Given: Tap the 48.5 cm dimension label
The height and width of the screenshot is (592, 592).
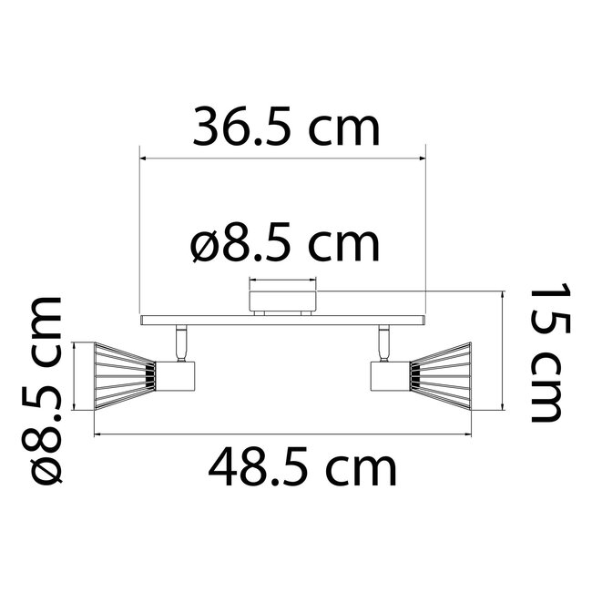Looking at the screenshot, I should pos(302,469).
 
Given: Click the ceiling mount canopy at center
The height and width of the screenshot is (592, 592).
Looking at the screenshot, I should pos(281,299).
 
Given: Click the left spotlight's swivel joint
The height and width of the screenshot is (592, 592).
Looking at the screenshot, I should pos(179,342).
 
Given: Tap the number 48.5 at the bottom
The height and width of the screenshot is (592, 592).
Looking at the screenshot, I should pos(260,469).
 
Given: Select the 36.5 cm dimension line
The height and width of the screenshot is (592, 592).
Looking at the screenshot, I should pos(282,157).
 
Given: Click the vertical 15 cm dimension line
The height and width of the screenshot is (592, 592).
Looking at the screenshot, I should pos(503,364).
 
